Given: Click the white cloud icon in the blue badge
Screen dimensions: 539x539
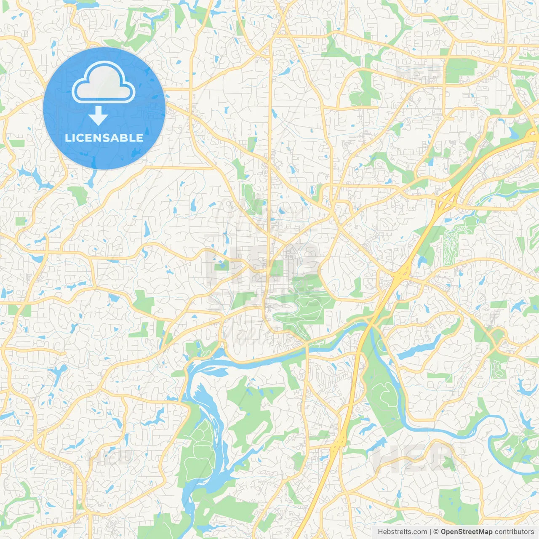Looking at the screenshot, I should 104,82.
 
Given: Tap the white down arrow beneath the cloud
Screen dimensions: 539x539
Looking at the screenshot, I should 98,116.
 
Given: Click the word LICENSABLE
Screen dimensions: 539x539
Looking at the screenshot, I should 104,138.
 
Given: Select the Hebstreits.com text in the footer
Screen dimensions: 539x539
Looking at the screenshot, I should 403,532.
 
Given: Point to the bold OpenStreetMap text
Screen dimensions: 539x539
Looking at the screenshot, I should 467,532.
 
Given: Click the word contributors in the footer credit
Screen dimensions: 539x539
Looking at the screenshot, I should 514,532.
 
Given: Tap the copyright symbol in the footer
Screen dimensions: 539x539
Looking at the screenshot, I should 436,532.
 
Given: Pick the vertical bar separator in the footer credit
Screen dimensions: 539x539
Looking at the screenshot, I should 430,532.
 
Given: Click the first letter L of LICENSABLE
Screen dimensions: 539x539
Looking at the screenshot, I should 67,138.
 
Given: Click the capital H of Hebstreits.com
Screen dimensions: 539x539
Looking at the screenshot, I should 381,532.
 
